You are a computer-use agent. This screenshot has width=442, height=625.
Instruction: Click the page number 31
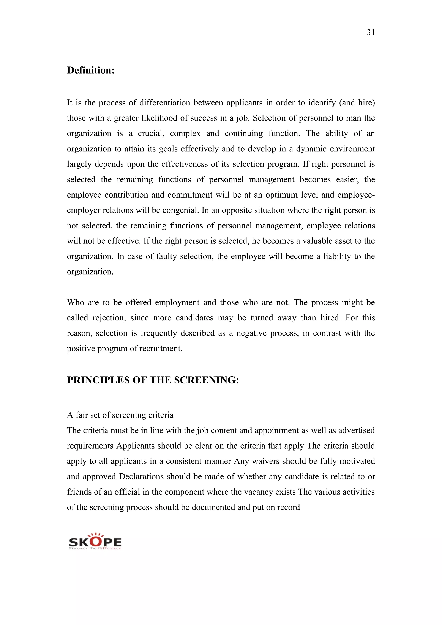click(x=371, y=32)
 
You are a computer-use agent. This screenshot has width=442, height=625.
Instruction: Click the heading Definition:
click(x=91, y=70)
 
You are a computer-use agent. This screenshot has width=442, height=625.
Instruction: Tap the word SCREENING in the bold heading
click(x=206, y=380)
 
